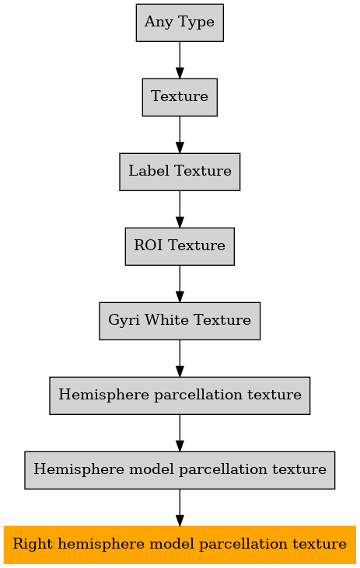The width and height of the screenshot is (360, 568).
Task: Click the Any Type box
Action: point(180,23)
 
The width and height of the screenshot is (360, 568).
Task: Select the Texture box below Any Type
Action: point(180,97)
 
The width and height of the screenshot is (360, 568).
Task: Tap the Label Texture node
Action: point(180,172)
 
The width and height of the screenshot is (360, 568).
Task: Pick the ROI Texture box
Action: point(180,246)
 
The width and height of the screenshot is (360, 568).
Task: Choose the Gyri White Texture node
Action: point(180,321)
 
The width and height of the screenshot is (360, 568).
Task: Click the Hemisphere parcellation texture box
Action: point(180,396)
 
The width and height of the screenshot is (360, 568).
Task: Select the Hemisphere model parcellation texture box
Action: point(180,470)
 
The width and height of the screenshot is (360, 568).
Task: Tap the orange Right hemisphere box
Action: point(180,545)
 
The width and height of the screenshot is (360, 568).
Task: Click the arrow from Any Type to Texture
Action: point(180,60)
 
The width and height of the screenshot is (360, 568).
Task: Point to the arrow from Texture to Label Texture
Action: point(180,134)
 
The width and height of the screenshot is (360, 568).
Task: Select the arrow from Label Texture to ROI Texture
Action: point(180,209)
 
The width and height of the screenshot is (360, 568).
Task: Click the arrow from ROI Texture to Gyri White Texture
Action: point(180,284)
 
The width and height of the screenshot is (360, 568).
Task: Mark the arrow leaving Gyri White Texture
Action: point(180,359)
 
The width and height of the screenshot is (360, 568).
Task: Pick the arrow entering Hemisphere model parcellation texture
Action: point(180,434)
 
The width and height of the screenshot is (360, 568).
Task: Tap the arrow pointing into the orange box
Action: point(180,508)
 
